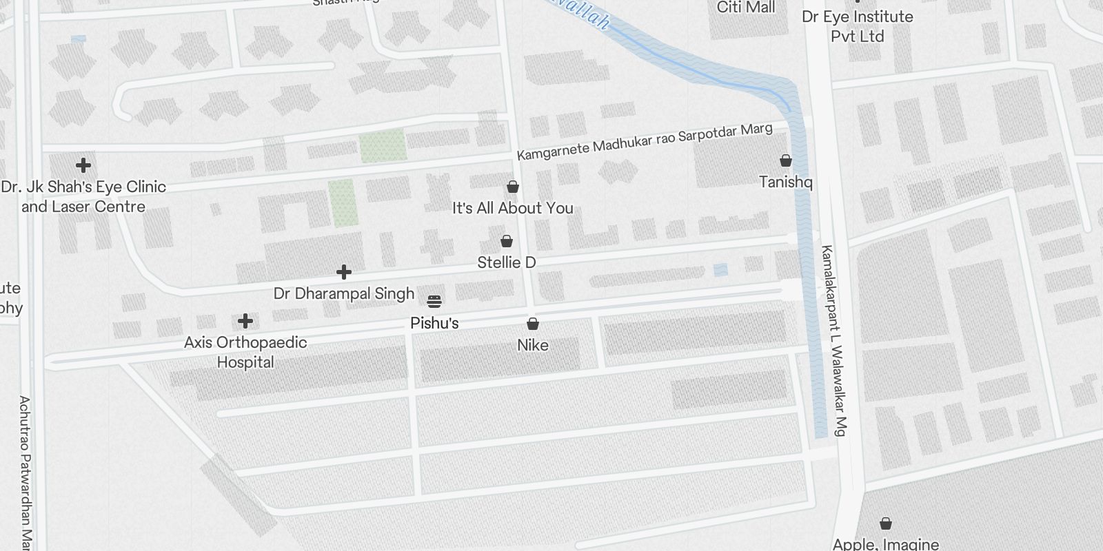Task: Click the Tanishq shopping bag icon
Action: pos(785,160)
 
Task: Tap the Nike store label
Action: pos(533,345)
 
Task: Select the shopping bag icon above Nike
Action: pos(533,324)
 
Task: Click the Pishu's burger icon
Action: pos(434,301)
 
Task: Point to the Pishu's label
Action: pos(434,323)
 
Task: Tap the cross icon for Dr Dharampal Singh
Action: pos(344,272)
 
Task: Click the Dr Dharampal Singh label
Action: pos(344,293)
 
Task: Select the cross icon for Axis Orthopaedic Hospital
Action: pos(245,321)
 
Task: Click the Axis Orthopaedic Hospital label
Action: pos(245,352)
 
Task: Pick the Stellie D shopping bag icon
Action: pos(507,241)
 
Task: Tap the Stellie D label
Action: pos(507,262)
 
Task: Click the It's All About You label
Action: pos(513,208)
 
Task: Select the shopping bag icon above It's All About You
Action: pos(513,187)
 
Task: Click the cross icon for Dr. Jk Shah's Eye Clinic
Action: pos(83,165)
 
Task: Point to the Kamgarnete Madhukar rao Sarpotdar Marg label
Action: pos(645,143)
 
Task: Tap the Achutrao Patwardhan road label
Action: pos(26,472)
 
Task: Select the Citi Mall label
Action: pos(746,8)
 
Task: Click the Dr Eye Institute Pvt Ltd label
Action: pos(858,26)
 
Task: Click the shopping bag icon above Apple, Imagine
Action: pos(886,524)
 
